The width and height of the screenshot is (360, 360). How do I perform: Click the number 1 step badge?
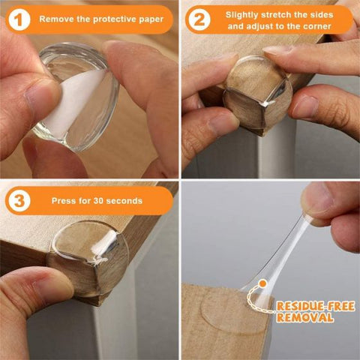18,18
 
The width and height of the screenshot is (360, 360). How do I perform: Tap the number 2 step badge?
199,19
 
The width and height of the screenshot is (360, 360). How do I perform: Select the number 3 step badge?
18,201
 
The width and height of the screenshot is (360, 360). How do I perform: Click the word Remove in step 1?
58,18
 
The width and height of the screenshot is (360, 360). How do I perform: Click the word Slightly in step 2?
244,14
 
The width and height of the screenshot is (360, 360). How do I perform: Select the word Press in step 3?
65,201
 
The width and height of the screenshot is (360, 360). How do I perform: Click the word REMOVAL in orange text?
304,318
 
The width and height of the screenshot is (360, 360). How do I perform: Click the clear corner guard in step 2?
255,94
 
